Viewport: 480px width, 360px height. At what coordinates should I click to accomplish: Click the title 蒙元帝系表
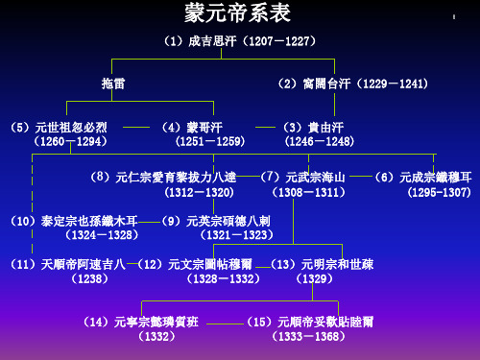(239, 13)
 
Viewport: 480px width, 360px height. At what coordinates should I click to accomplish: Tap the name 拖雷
(114, 84)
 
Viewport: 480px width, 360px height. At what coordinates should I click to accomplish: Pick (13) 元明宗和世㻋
(318, 262)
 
